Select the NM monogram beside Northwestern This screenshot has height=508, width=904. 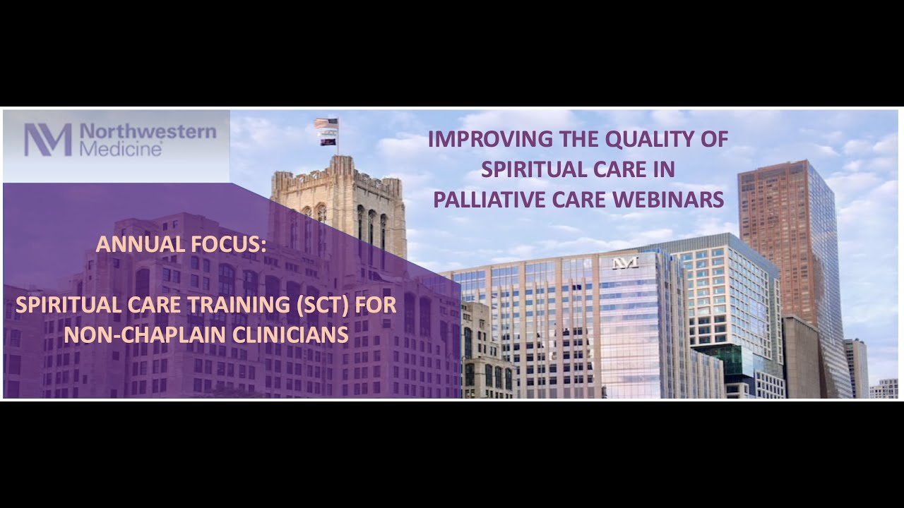[48, 140]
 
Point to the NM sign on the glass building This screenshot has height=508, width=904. [625, 262]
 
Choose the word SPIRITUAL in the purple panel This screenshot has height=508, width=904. [61, 306]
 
